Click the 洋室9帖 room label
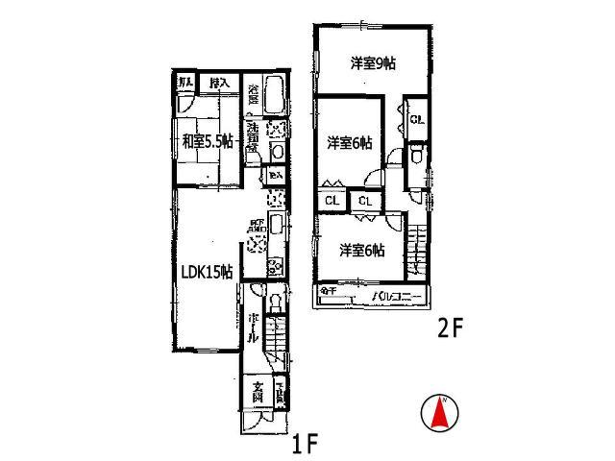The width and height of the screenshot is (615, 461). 374,63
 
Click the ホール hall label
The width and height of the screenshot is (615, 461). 252,328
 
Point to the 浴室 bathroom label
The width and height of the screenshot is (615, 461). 253,95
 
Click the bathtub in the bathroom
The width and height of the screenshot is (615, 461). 273,97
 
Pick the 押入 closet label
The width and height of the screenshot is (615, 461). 219,84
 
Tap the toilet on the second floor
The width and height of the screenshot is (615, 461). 416,156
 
